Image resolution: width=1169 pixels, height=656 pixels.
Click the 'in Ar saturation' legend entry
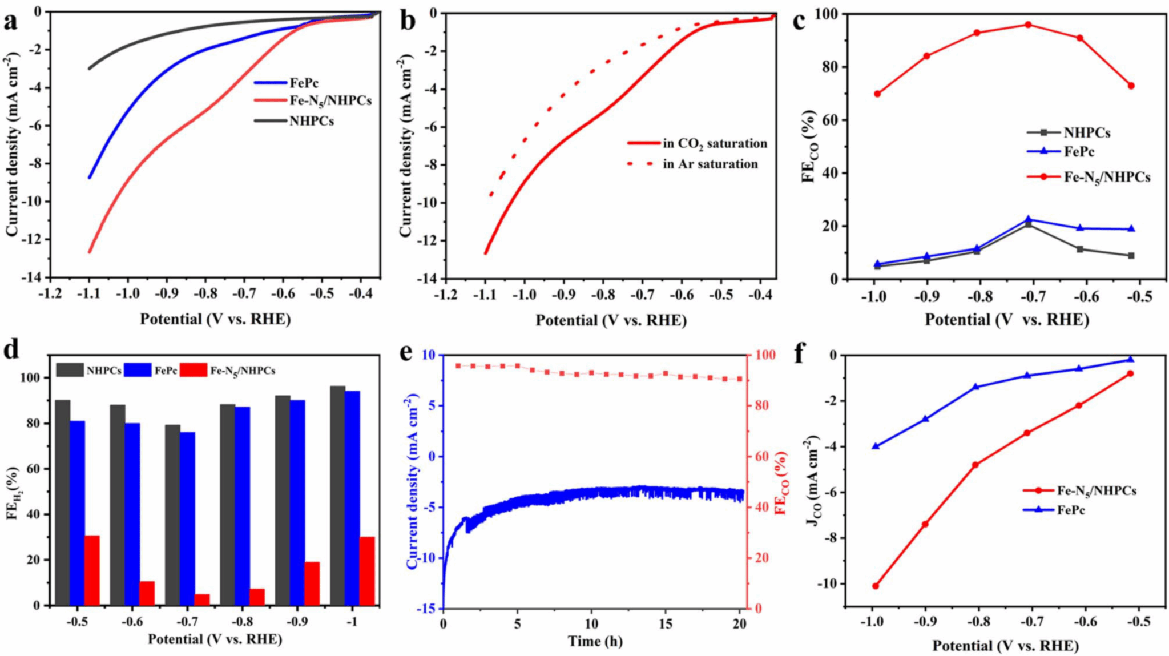coord(710,164)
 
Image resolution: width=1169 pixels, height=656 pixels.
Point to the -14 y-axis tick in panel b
coord(429,279)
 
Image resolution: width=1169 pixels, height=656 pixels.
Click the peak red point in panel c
coord(1028,25)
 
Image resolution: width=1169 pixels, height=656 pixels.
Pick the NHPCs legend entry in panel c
coord(1086,133)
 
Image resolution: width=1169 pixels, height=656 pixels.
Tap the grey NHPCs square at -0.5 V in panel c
coord(1131,256)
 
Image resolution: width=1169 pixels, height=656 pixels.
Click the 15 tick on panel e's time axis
coord(665,624)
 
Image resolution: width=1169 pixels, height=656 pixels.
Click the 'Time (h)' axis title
coord(595,642)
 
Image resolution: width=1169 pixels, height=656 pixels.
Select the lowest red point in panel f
coord(875,586)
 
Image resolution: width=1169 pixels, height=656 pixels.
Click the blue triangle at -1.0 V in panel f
coord(875,446)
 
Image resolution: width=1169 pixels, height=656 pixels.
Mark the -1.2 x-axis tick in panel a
coord(50,293)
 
